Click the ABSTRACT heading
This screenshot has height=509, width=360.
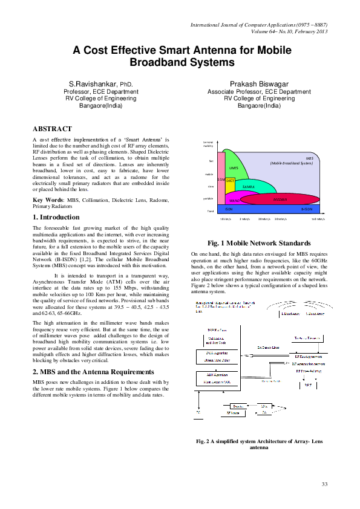(52, 129)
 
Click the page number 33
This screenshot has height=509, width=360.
(324, 484)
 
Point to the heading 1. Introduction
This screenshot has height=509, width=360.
(56, 217)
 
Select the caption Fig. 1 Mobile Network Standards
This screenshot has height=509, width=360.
(259, 242)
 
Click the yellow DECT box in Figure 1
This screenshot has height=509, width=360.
(230, 181)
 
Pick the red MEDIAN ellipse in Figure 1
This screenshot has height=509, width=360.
(279, 198)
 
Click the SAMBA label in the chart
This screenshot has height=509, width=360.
(247, 187)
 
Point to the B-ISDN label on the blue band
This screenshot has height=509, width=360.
(307, 209)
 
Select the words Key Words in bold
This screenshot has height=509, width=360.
(47, 199)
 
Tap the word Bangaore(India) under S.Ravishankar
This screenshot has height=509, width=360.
(100, 105)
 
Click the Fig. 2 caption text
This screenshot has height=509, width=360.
(259, 445)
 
